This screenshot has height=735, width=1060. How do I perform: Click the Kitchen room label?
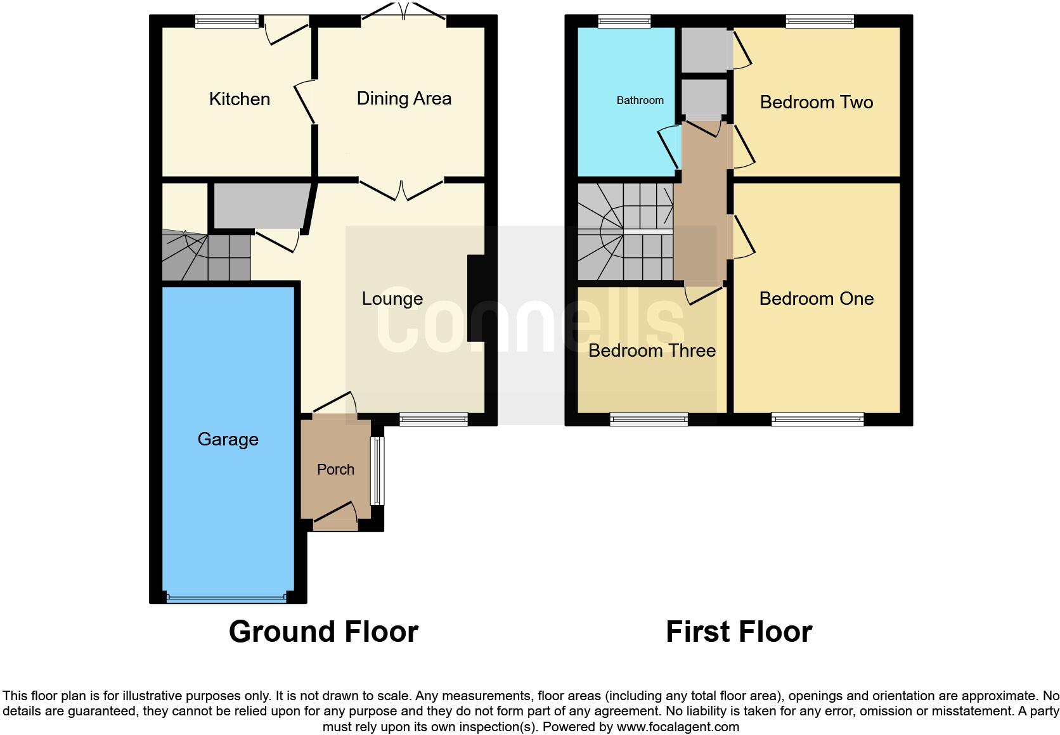(x=240, y=99)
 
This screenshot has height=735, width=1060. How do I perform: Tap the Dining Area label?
(x=404, y=98)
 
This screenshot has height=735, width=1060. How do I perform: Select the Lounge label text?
(x=392, y=298)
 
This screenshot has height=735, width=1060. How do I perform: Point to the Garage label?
(x=228, y=439)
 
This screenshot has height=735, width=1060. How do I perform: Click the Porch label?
(x=335, y=470)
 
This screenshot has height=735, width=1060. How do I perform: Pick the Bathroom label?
(x=640, y=100)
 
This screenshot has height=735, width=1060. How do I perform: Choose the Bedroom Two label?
(x=816, y=102)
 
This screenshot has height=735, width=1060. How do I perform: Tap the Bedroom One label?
(x=816, y=298)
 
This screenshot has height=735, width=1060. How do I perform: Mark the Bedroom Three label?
(x=652, y=350)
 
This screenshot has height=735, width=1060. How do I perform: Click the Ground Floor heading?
(x=323, y=632)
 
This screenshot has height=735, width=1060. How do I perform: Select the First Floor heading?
(x=739, y=632)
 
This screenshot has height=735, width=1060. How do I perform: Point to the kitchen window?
(x=226, y=22)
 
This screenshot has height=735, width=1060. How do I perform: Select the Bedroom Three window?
(x=649, y=418)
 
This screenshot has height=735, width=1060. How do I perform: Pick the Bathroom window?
(x=624, y=22)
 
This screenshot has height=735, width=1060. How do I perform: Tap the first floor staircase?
(x=624, y=233)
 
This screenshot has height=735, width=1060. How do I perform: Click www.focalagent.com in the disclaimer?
(x=678, y=727)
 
